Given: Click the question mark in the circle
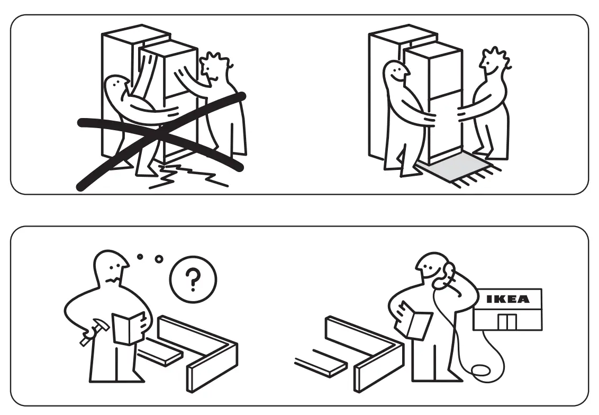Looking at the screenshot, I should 193,278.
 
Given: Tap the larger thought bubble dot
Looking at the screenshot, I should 159,259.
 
